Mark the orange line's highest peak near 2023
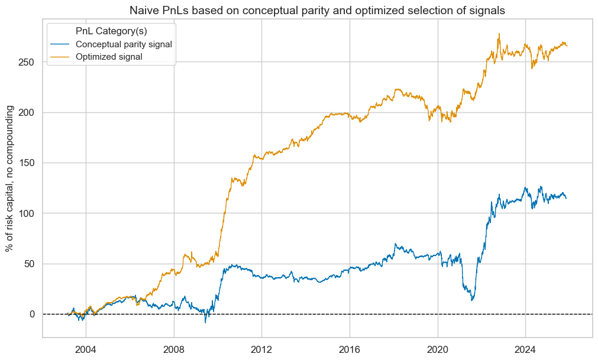499,34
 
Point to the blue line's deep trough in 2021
472,300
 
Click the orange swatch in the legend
58,56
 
